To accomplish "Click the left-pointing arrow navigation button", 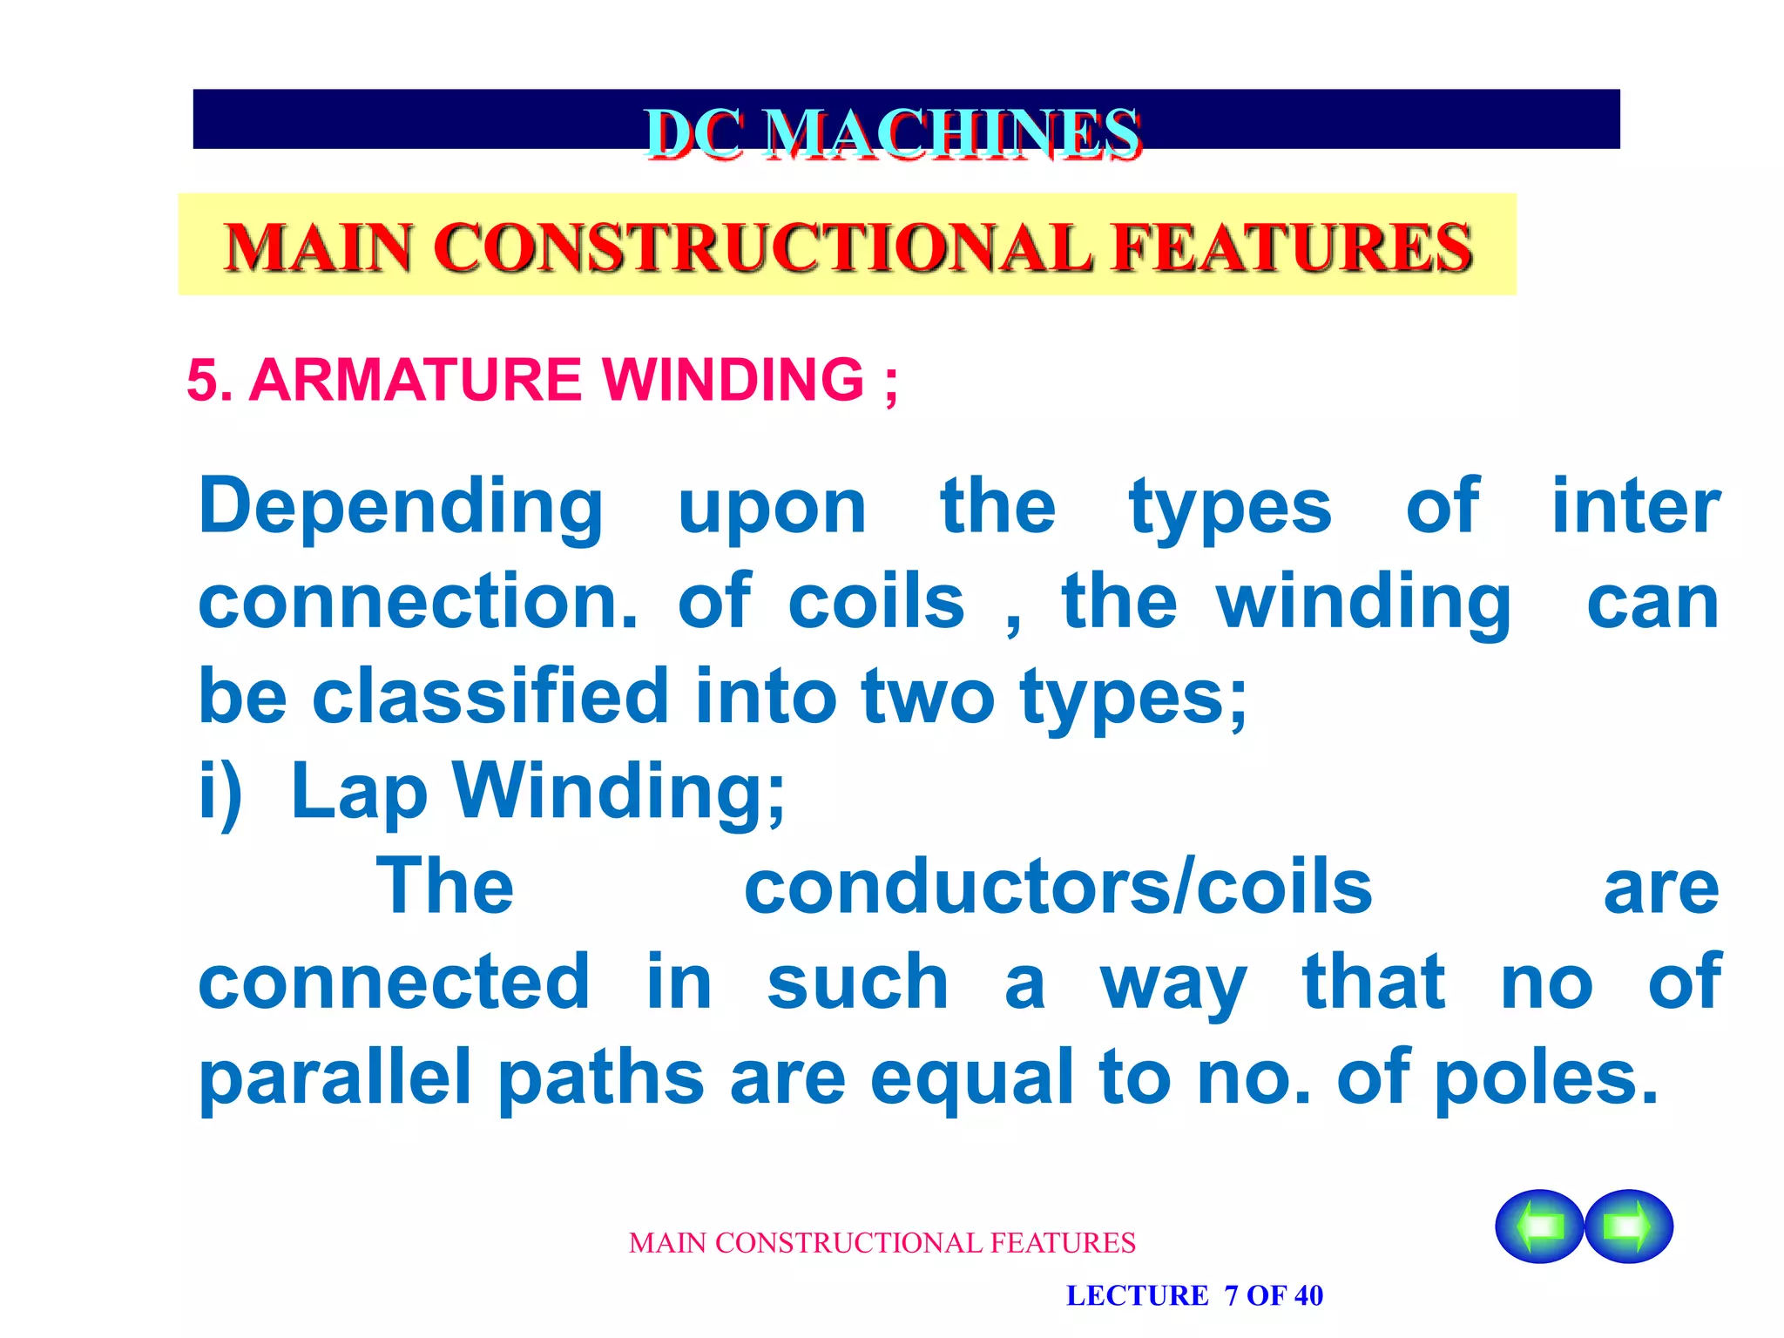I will (x=1539, y=1226).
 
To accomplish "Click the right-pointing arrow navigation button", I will (x=1628, y=1226).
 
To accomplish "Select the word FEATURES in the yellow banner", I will (x=1293, y=247).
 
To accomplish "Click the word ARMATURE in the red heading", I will (x=415, y=380).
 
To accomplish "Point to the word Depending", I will (x=401, y=508).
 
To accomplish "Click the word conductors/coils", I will (x=1058, y=887).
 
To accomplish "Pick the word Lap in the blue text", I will (x=359, y=793).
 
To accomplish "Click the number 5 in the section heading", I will (x=201, y=381).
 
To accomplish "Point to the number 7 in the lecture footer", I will (x=1231, y=1295).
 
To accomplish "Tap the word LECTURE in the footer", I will (x=1137, y=1295).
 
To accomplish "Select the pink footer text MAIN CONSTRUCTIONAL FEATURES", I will (x=882, y=1242).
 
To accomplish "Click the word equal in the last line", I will (x=971, y=1078).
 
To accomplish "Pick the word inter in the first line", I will (x=1635, y=508).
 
